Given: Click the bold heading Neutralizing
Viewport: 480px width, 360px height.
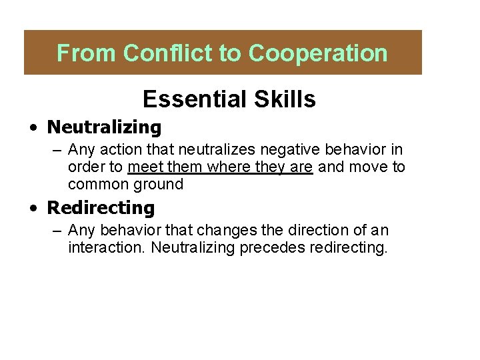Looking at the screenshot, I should pyautogui.click(x=104, y=127).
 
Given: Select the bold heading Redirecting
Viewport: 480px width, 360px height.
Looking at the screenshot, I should pyautogui.click(x=100, y=208).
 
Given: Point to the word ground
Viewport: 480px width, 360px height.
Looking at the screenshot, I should pyautogui.click(x=159, y=183).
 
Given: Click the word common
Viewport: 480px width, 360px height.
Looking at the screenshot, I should pyautogui.click(x=99, y=183).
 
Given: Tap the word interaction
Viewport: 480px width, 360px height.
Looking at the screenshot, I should pyautogui.click(x=107, y=248).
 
